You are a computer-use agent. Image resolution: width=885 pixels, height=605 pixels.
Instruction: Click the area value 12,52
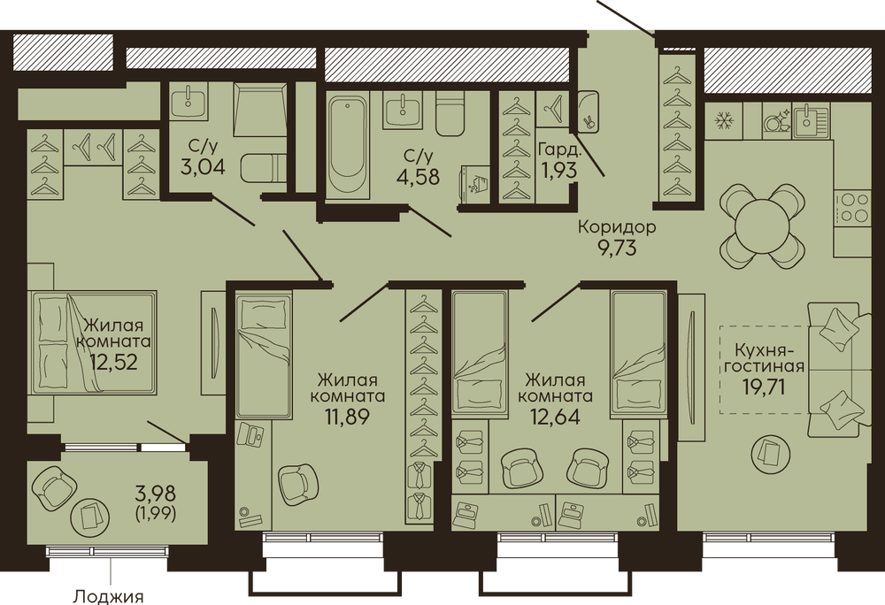point(113,362)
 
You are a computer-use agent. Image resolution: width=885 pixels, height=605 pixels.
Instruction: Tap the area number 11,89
point(347,417)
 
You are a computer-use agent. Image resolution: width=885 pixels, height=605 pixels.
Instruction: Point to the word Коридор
point(617,227)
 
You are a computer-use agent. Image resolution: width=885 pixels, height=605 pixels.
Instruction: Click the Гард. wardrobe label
point(558,150)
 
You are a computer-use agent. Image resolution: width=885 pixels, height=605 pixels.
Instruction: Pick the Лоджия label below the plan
point(108,596)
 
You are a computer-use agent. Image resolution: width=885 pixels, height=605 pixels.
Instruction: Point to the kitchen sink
point(811,121)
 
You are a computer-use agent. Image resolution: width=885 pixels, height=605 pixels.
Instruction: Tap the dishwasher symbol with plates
point(775,120)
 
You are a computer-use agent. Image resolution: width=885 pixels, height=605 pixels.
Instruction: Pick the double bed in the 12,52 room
point(94,341)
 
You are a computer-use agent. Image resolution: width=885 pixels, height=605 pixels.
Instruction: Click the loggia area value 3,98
point(156,494)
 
